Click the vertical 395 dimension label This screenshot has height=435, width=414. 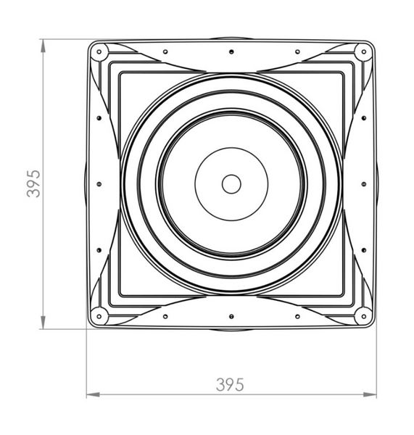pyautogui.click(x=33, y=183)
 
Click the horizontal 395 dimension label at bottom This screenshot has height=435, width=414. pyautogui.click(x=230, y=385)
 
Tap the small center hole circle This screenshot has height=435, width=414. pyautogui.click(x=231, y=184)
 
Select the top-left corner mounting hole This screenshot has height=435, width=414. pyautogui.click(x=99, y=52)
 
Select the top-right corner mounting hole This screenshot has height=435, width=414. pyautogui.click(x=364, y=52)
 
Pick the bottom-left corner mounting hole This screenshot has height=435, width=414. pyautogui.click(x=99, y=316)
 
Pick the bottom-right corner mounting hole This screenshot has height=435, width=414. pyautogui.click(x=364, y=316)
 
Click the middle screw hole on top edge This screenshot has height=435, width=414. pyautogui.click(x=231, y=52)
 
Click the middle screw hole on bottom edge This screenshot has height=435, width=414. pyautogui.click(x=231, y=316)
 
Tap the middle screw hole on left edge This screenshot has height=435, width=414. pyautogui.click(x=99, y=184)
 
